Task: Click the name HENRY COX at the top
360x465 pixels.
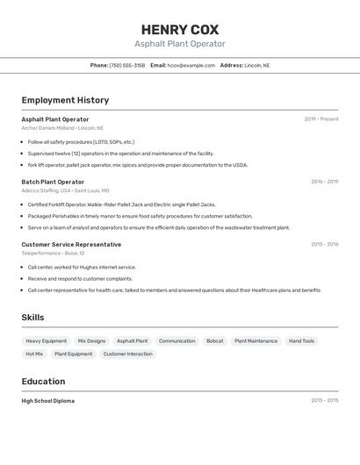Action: pyautogui.click(x=180, y=29)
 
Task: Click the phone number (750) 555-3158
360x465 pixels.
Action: pyautogui.click(x=127, y=65)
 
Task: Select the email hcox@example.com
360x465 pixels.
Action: pyautogui.click(x=191, y=65)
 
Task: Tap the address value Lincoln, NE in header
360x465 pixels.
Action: pyautogui.click(x=257, y=65)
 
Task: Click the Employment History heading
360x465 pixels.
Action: pyautogui.click(x=65, y=100)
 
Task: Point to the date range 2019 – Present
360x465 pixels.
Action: pyautogui.click(x=321, y=119)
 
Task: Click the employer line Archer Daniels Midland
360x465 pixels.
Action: pyautogui.click(x=62, y=128)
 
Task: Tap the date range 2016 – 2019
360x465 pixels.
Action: pyautogui.click(x=324, y=182)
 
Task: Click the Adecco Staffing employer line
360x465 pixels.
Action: pyautogui.click(x=65, y=190)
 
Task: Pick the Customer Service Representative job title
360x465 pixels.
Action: pyautogui.click(x=71, y=244)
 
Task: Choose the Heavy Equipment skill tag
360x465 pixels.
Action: pyautogui.click(x=46, y=340)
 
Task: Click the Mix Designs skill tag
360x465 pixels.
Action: pyautogui.click(x=91, y=340)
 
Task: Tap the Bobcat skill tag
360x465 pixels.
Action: pyautogui.click(x=214, y=340)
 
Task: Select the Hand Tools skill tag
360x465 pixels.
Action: pyautogui.click(x=301, y=340)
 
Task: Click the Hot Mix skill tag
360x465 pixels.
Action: pyautogui.click(x=34, y=354)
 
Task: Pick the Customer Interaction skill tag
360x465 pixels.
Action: pyautogui.click(x=127, y=354)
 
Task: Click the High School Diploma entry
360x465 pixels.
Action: pyautogui.click(x=48, y=400)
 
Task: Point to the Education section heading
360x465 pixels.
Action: pyautogui.click(x=43, y=382)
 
